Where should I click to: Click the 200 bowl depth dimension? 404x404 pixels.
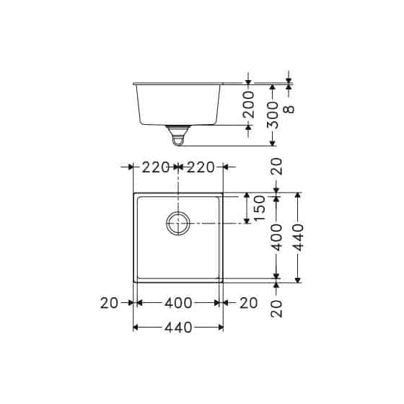pyautogui.click(x=249, y=105)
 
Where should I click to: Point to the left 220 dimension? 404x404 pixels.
pyautogui.click(x=155, y=167)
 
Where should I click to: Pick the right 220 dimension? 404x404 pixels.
pyautogui.click(x=201, y=167)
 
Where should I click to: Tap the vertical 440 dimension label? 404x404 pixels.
pyautogui.click(x=299, y=237)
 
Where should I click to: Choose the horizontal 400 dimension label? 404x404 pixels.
pyautogui.click(x=178, y=304)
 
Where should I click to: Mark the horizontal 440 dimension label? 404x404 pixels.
pyautogui.click(x=178, y=328)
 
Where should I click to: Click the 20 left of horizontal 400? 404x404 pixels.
pyautogui.click(x=109, y=304)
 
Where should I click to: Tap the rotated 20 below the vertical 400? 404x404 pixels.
pyautogui.click(x=277, y=307)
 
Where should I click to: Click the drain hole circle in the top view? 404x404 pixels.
pyautogui.click(x=178, y=223)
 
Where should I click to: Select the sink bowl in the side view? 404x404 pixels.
pyautogui.click(x=178, y=105)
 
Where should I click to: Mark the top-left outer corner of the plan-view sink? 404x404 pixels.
pyautogui.click(x=133, y=193)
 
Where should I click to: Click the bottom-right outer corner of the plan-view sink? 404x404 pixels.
pyautogui.click(x=223, y=282)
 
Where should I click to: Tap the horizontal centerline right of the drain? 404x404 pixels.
pyautogui.click(x=216, y=223)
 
